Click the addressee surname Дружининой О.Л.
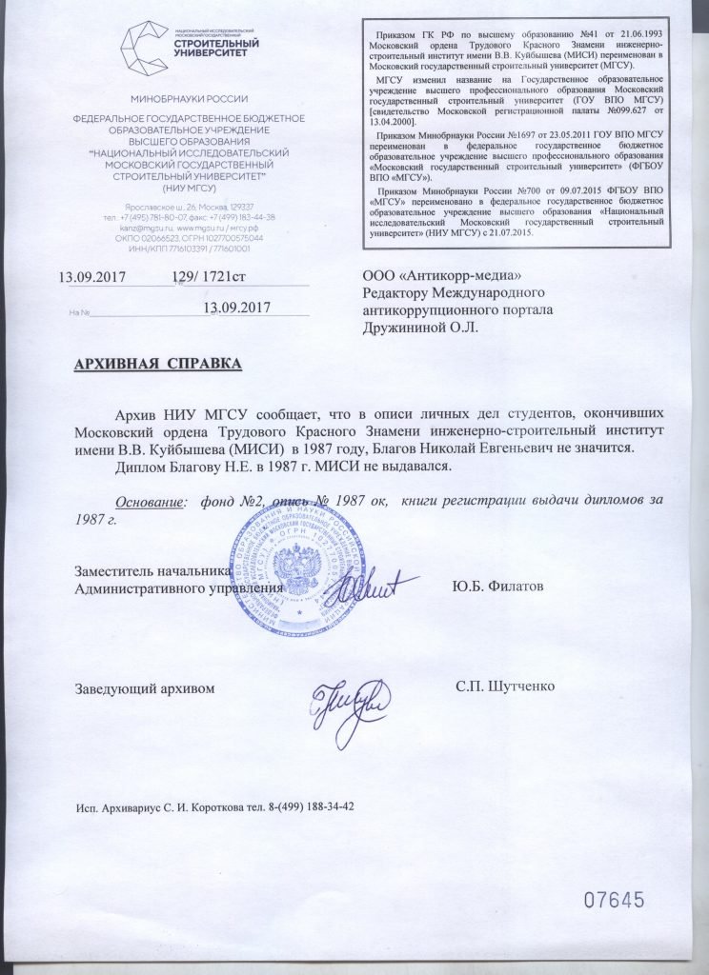[x=420, y=327]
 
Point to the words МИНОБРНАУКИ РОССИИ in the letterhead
[x=190, y=98]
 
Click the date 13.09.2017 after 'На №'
[x=239, y=307]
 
